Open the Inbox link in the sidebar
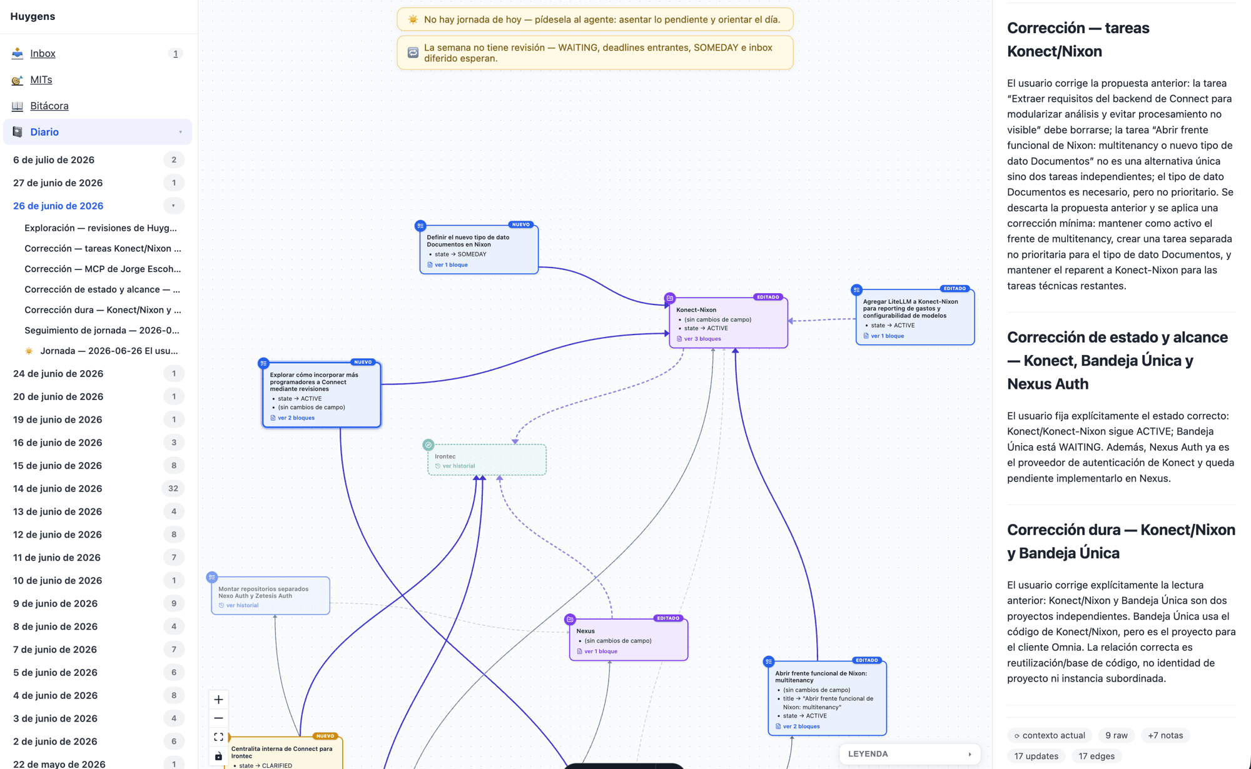point(43,54)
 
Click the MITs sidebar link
point(41,80)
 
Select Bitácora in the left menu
point(49,106)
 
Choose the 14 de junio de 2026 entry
point(58,488)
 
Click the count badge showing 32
point(173,488)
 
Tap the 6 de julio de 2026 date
point(54,160)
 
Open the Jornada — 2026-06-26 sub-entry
point(109,351)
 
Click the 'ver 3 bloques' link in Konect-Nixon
point(702,339)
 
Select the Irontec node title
point(445,456)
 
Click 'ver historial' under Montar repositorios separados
point(242,605)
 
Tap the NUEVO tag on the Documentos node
point(520,224)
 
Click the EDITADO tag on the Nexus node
point(667,618)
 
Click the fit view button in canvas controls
point(218,737)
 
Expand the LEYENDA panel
point(910,754)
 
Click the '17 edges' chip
point(1097,756)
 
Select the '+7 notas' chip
point(1165,735)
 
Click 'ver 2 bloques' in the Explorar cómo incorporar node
point(296,418)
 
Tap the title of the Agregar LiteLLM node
point(911,308)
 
